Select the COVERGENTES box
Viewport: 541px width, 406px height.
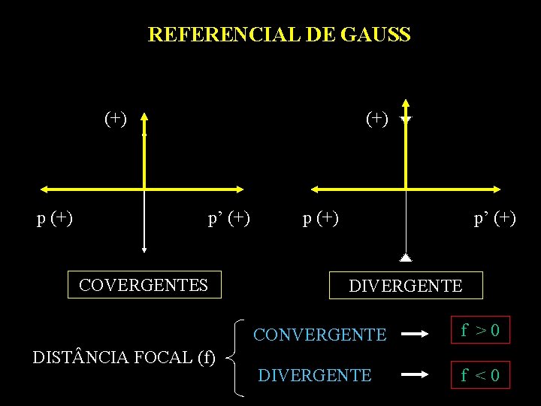144,285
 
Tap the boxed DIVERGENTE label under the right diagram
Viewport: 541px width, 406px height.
406,286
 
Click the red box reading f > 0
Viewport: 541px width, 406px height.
480,330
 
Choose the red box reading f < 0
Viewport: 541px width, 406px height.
480,374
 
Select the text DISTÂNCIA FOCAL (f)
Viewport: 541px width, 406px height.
125,357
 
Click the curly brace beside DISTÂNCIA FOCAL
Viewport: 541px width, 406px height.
235,357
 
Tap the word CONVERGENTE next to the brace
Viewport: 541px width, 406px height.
320,335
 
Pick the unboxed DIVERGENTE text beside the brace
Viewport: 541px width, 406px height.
315,375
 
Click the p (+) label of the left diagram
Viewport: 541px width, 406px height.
55,219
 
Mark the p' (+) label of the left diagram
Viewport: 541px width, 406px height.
229,219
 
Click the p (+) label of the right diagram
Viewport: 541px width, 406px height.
321,219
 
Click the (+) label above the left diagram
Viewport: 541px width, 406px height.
116,118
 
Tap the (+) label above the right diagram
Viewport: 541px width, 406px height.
377,118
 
